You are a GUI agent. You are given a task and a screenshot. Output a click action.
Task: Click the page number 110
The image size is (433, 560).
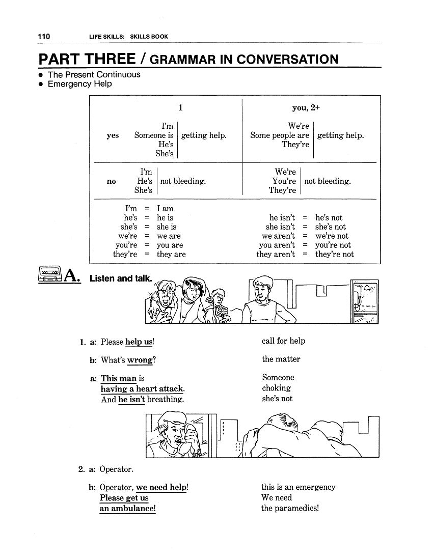43,36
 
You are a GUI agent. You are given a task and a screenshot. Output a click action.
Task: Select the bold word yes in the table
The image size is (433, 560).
113,135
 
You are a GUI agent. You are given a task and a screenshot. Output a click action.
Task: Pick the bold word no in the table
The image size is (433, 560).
112,181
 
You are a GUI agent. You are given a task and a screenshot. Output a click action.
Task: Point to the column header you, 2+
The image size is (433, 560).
306,107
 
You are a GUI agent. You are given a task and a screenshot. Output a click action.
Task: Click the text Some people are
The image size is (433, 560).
280,135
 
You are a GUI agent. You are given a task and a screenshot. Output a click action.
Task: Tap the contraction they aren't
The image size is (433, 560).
276,255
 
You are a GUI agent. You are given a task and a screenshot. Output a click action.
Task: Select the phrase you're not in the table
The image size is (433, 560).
333,245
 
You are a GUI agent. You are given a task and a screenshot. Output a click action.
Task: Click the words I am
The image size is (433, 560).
165,209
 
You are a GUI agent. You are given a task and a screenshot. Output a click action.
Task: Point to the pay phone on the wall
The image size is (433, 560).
365,301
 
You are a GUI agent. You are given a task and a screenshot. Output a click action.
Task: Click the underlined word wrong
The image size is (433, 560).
140,360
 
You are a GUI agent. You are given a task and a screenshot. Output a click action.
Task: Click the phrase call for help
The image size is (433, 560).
283,341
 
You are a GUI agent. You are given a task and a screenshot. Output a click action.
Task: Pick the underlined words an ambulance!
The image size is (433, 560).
127,509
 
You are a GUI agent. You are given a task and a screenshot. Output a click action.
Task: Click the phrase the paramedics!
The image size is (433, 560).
289,508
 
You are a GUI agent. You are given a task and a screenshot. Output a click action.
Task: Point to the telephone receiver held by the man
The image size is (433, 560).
191,437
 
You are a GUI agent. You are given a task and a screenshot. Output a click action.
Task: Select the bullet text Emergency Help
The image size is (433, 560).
79,84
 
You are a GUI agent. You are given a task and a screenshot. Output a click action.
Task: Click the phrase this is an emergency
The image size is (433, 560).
298,487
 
